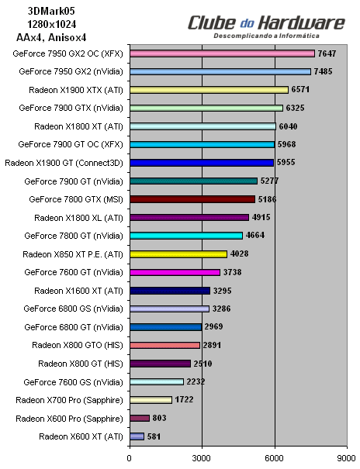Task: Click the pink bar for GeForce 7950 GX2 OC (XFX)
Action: pos(222,53)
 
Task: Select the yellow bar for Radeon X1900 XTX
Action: pos(209,90)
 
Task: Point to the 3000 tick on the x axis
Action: pos(202,457)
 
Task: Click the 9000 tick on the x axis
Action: pos(347,457)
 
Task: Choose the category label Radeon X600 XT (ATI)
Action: pos(80,436)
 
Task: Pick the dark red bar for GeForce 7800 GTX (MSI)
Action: pos(192,199)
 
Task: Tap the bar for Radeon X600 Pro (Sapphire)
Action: pos(139,418)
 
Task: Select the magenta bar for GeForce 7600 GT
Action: pos(175,272)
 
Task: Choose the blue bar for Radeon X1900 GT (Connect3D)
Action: pos(202,163)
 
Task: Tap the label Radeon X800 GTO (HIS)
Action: pos(78,345)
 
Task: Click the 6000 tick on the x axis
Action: pos(275,457)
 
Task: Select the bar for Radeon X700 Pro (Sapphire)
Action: pos(151,400)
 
